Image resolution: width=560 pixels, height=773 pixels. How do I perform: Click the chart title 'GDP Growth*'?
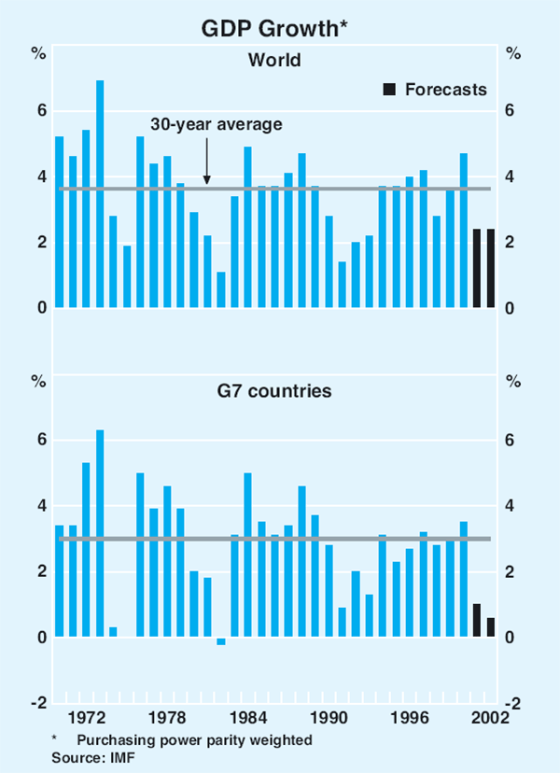[x=280, y=29]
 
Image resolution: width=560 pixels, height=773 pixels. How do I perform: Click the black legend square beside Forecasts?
[x=388, y=90]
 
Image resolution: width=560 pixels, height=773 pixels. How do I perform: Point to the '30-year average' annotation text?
[x=217, y=123]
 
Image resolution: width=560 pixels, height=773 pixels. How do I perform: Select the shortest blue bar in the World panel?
[x=221, y=289]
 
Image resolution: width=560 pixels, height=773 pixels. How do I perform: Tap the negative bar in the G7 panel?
[x=221, y=640]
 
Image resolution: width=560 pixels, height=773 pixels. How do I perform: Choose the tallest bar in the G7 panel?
[x=100, y=533]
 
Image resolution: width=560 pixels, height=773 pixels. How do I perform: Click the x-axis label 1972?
[x=86, y=719]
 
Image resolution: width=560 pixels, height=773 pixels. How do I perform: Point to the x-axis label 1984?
[x=247, y=719]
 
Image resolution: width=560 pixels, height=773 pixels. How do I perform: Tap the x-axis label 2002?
[x=488, y=719]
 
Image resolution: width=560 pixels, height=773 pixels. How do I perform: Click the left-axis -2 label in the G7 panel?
[x=38, y=703]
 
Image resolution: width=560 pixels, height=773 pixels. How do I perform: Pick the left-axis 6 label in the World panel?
[x=41, y=111]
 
